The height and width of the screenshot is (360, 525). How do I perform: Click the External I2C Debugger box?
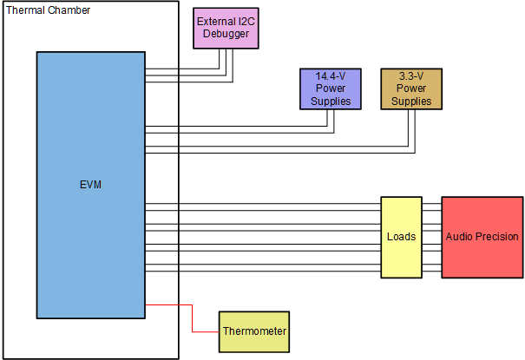tap(227, 28)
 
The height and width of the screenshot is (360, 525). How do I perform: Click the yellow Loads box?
tap(401, 237)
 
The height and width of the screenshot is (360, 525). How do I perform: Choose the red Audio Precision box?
tap(482, 237)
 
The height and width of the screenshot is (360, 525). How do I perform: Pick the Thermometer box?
tap(253, 331)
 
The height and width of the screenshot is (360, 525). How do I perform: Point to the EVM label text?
tap(90, 185)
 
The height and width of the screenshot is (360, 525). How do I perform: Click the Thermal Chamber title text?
tap(48, 10)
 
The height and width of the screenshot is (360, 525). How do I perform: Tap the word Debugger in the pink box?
tap(227, 34)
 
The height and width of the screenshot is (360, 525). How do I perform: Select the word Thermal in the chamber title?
tap(25, 10)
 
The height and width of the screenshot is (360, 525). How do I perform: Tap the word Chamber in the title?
tap(69, 10)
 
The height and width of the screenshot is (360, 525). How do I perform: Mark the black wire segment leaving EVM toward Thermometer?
tap(161, 305)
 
